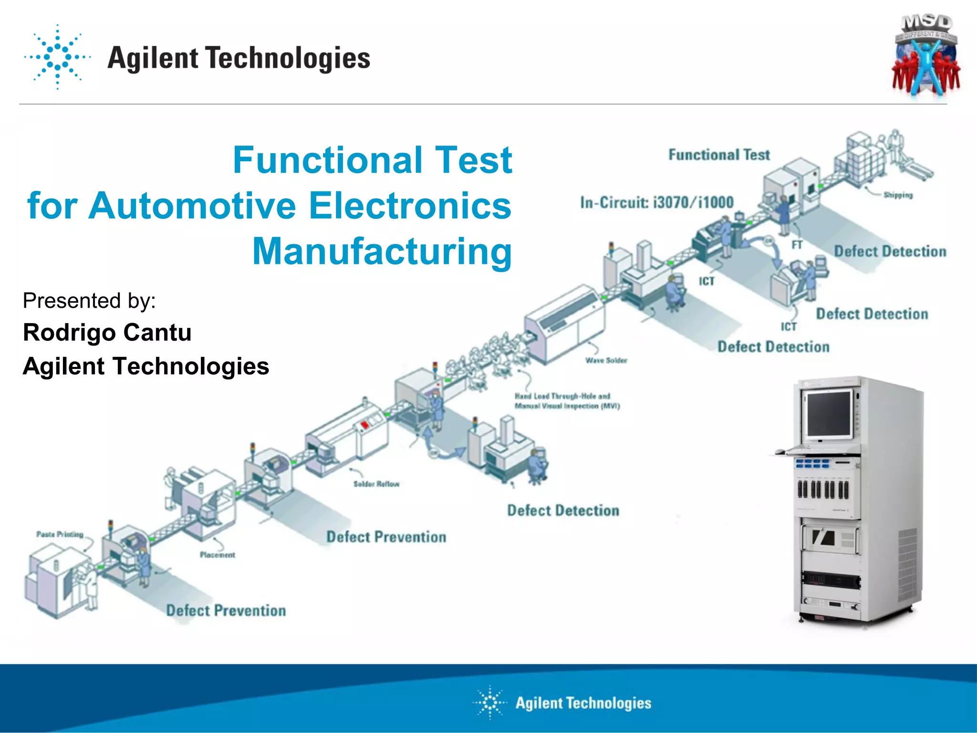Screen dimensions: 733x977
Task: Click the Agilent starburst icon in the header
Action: (57, 57)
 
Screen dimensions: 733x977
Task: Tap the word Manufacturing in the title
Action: (382, 251)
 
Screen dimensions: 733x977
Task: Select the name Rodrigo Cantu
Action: (107, 333)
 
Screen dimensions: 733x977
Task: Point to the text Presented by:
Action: (89, 301)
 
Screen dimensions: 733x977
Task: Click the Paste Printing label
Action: (60, 534)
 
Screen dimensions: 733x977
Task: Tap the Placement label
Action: (217, 555)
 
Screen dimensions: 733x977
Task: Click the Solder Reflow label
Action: (376, 484)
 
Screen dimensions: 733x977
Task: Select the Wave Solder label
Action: (606, 360)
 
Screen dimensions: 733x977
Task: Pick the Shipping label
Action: (897, 195)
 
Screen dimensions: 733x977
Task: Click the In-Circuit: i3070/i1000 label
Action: (657, 202)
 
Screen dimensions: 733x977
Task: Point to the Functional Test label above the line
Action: (719, 155)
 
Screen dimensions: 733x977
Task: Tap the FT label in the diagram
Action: (797, 245)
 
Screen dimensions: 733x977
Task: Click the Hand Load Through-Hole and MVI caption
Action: (567, 401)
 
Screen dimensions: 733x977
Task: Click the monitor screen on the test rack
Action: (829, 414)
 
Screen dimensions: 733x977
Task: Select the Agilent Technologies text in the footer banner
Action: (583, 703)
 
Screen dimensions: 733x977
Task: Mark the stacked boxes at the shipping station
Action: (859, 160)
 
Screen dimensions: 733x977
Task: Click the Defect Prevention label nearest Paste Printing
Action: (226, 610)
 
